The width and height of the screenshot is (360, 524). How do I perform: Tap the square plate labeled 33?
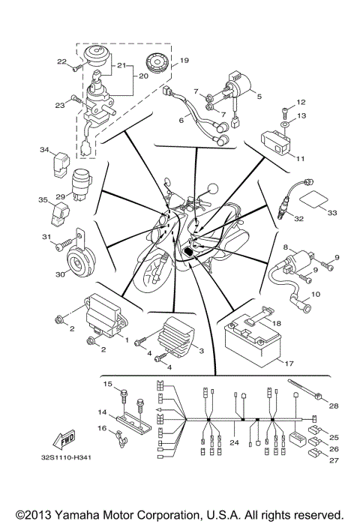coord(313,202)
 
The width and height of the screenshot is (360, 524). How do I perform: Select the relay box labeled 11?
coord(278,141)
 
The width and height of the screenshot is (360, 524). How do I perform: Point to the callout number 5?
coord(259,95)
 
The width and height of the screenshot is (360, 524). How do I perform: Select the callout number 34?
coord(43,150)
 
